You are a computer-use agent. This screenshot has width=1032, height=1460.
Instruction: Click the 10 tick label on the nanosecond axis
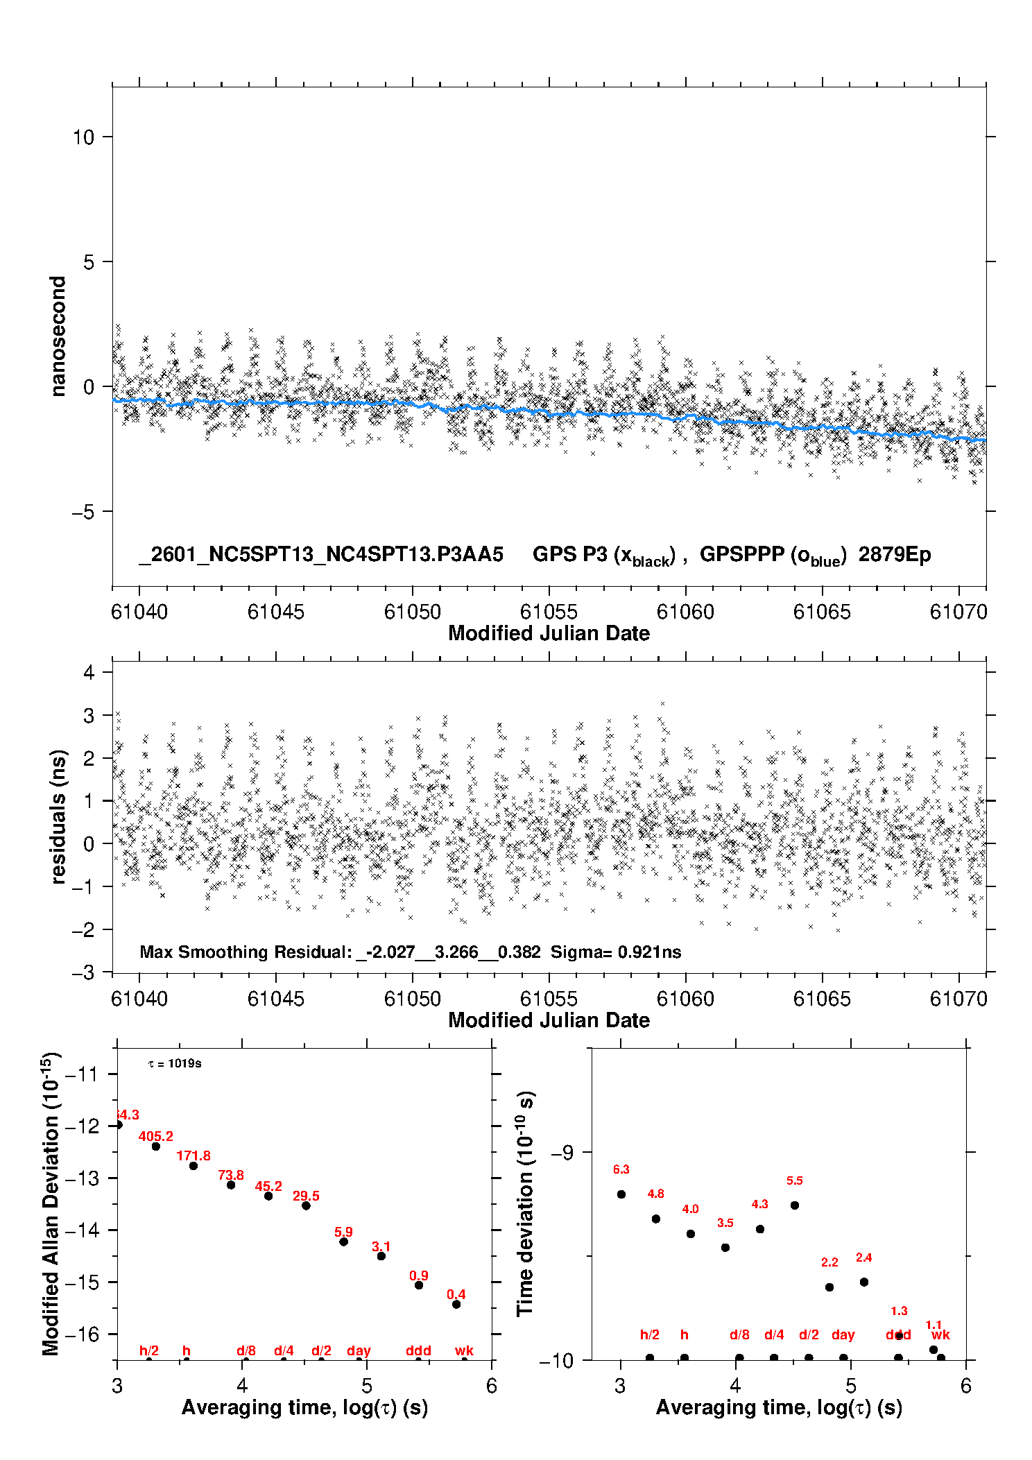(83, 137)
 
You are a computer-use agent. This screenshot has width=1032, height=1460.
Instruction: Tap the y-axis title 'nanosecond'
(58, 336)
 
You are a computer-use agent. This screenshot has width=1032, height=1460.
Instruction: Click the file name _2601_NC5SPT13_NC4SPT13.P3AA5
(321, 554)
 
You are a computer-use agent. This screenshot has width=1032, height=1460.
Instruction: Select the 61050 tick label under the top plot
(413, 612)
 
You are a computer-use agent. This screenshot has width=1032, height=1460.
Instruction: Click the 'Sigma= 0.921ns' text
(616, 952)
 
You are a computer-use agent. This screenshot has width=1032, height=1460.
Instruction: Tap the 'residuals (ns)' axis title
(58, 816)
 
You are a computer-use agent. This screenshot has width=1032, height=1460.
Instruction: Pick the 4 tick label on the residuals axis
(89, 672)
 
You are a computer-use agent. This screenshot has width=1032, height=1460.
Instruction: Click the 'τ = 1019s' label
(175, 1063)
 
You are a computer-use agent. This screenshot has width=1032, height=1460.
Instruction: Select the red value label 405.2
(156, 1136)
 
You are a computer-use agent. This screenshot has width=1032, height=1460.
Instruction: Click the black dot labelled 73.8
(231, 1185)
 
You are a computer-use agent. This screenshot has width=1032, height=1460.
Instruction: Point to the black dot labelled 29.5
(306, 1205)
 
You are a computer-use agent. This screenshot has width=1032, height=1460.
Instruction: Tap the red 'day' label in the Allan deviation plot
(359, 1350)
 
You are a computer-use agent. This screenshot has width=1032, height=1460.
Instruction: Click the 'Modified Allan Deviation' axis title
(51, 1204)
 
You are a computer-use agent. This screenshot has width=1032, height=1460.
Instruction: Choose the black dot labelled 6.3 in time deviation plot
(621, 1194)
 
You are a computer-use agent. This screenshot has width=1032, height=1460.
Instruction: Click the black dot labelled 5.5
(795, 1205)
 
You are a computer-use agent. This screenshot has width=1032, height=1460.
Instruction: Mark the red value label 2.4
(863, 1257)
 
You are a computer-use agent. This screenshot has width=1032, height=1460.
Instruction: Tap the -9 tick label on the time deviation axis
(562, 1152)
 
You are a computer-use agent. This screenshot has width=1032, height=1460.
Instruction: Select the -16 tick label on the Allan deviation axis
(81, 1334)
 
